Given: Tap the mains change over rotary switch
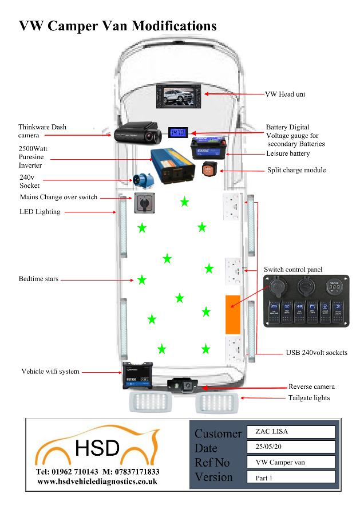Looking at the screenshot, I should (x=143, y=203).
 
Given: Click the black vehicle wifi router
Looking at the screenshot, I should (x=138, y=376).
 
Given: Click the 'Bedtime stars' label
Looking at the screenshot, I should (x=38, y=279).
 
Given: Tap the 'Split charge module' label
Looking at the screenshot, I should (x=296, y=170).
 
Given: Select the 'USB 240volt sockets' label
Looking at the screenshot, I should (x=316, y=353).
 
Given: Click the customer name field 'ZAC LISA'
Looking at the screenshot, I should (x=291, y=432).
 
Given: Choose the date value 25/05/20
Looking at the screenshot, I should (x=291, y=447).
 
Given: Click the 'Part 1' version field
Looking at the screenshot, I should (x=291, y=476).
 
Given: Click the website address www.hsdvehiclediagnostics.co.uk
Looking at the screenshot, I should (x=98, y=482).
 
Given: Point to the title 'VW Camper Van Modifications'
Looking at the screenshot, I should (x=118, y=26).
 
